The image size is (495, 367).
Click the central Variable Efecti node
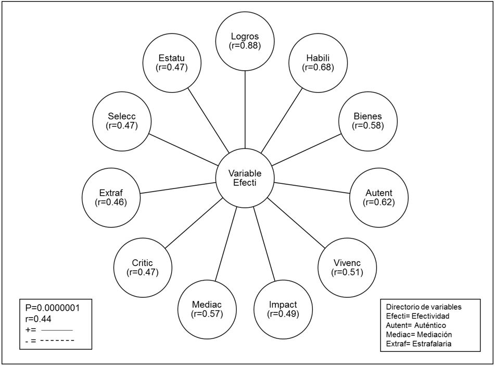click(x=245, y=178)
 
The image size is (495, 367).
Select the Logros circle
click(x=245, y=41)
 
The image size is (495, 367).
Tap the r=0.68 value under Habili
click(x=318, y=67)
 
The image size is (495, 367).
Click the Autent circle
click(x=379, y=198)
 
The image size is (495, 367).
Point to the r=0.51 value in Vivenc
click(x=347, y=272)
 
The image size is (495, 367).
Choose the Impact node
click(x=283, y=310)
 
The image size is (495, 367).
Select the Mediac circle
click(x=207, y=310)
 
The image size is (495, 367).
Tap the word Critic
click(x=143, y=263)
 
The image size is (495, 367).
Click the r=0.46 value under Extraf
click(x=111, y=203)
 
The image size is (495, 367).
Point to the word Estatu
click(x=172, y=58)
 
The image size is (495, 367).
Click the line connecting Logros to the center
click(x=245, y=109)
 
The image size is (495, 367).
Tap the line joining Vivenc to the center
click(x=296, y=223)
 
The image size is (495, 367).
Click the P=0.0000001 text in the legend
click(x=53, y=308)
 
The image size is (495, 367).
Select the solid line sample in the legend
click(x=57, y=331)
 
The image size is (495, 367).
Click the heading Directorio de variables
click(x=424, y=307)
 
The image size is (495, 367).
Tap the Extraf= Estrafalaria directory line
click(x=418, y=344)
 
